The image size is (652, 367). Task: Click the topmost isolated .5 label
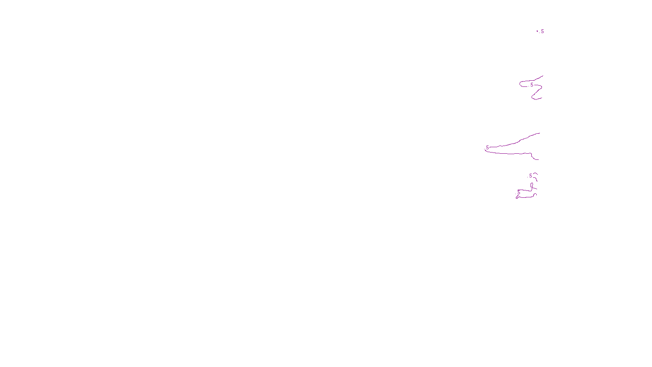(x=542, y=31)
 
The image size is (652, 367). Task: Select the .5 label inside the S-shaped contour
(x=531, y=85)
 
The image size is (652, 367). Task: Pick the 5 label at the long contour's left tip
(x=487, y=148)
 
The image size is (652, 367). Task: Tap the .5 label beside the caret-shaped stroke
(x=530, y=176)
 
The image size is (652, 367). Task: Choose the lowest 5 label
(x=519, y=192)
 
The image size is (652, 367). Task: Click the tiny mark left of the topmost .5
(x=537, y=31)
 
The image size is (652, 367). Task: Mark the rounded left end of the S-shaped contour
(x=520, y=84)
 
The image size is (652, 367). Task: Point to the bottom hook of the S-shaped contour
(x=533, y=98)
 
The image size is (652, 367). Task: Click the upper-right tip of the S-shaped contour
(x=543, y=76)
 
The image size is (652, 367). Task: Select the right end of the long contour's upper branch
(x=540, y=133)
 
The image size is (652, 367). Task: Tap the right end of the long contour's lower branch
(x=538, y=159)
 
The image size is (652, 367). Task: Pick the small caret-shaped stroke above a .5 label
(x=535, y=174)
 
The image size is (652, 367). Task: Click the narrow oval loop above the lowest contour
(x=532, y=186)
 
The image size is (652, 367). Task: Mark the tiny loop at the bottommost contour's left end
(x=517, y=198)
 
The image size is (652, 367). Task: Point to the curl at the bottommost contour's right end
(x=535, y=195)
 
